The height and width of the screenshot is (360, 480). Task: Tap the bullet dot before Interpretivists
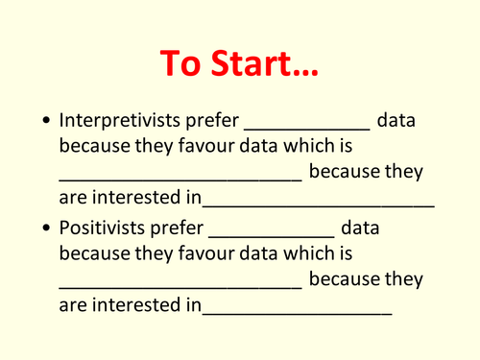[46, 123]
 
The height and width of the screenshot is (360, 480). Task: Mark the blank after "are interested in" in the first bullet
[318, 204]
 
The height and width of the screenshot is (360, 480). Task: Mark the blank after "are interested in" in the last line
[297, 312]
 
